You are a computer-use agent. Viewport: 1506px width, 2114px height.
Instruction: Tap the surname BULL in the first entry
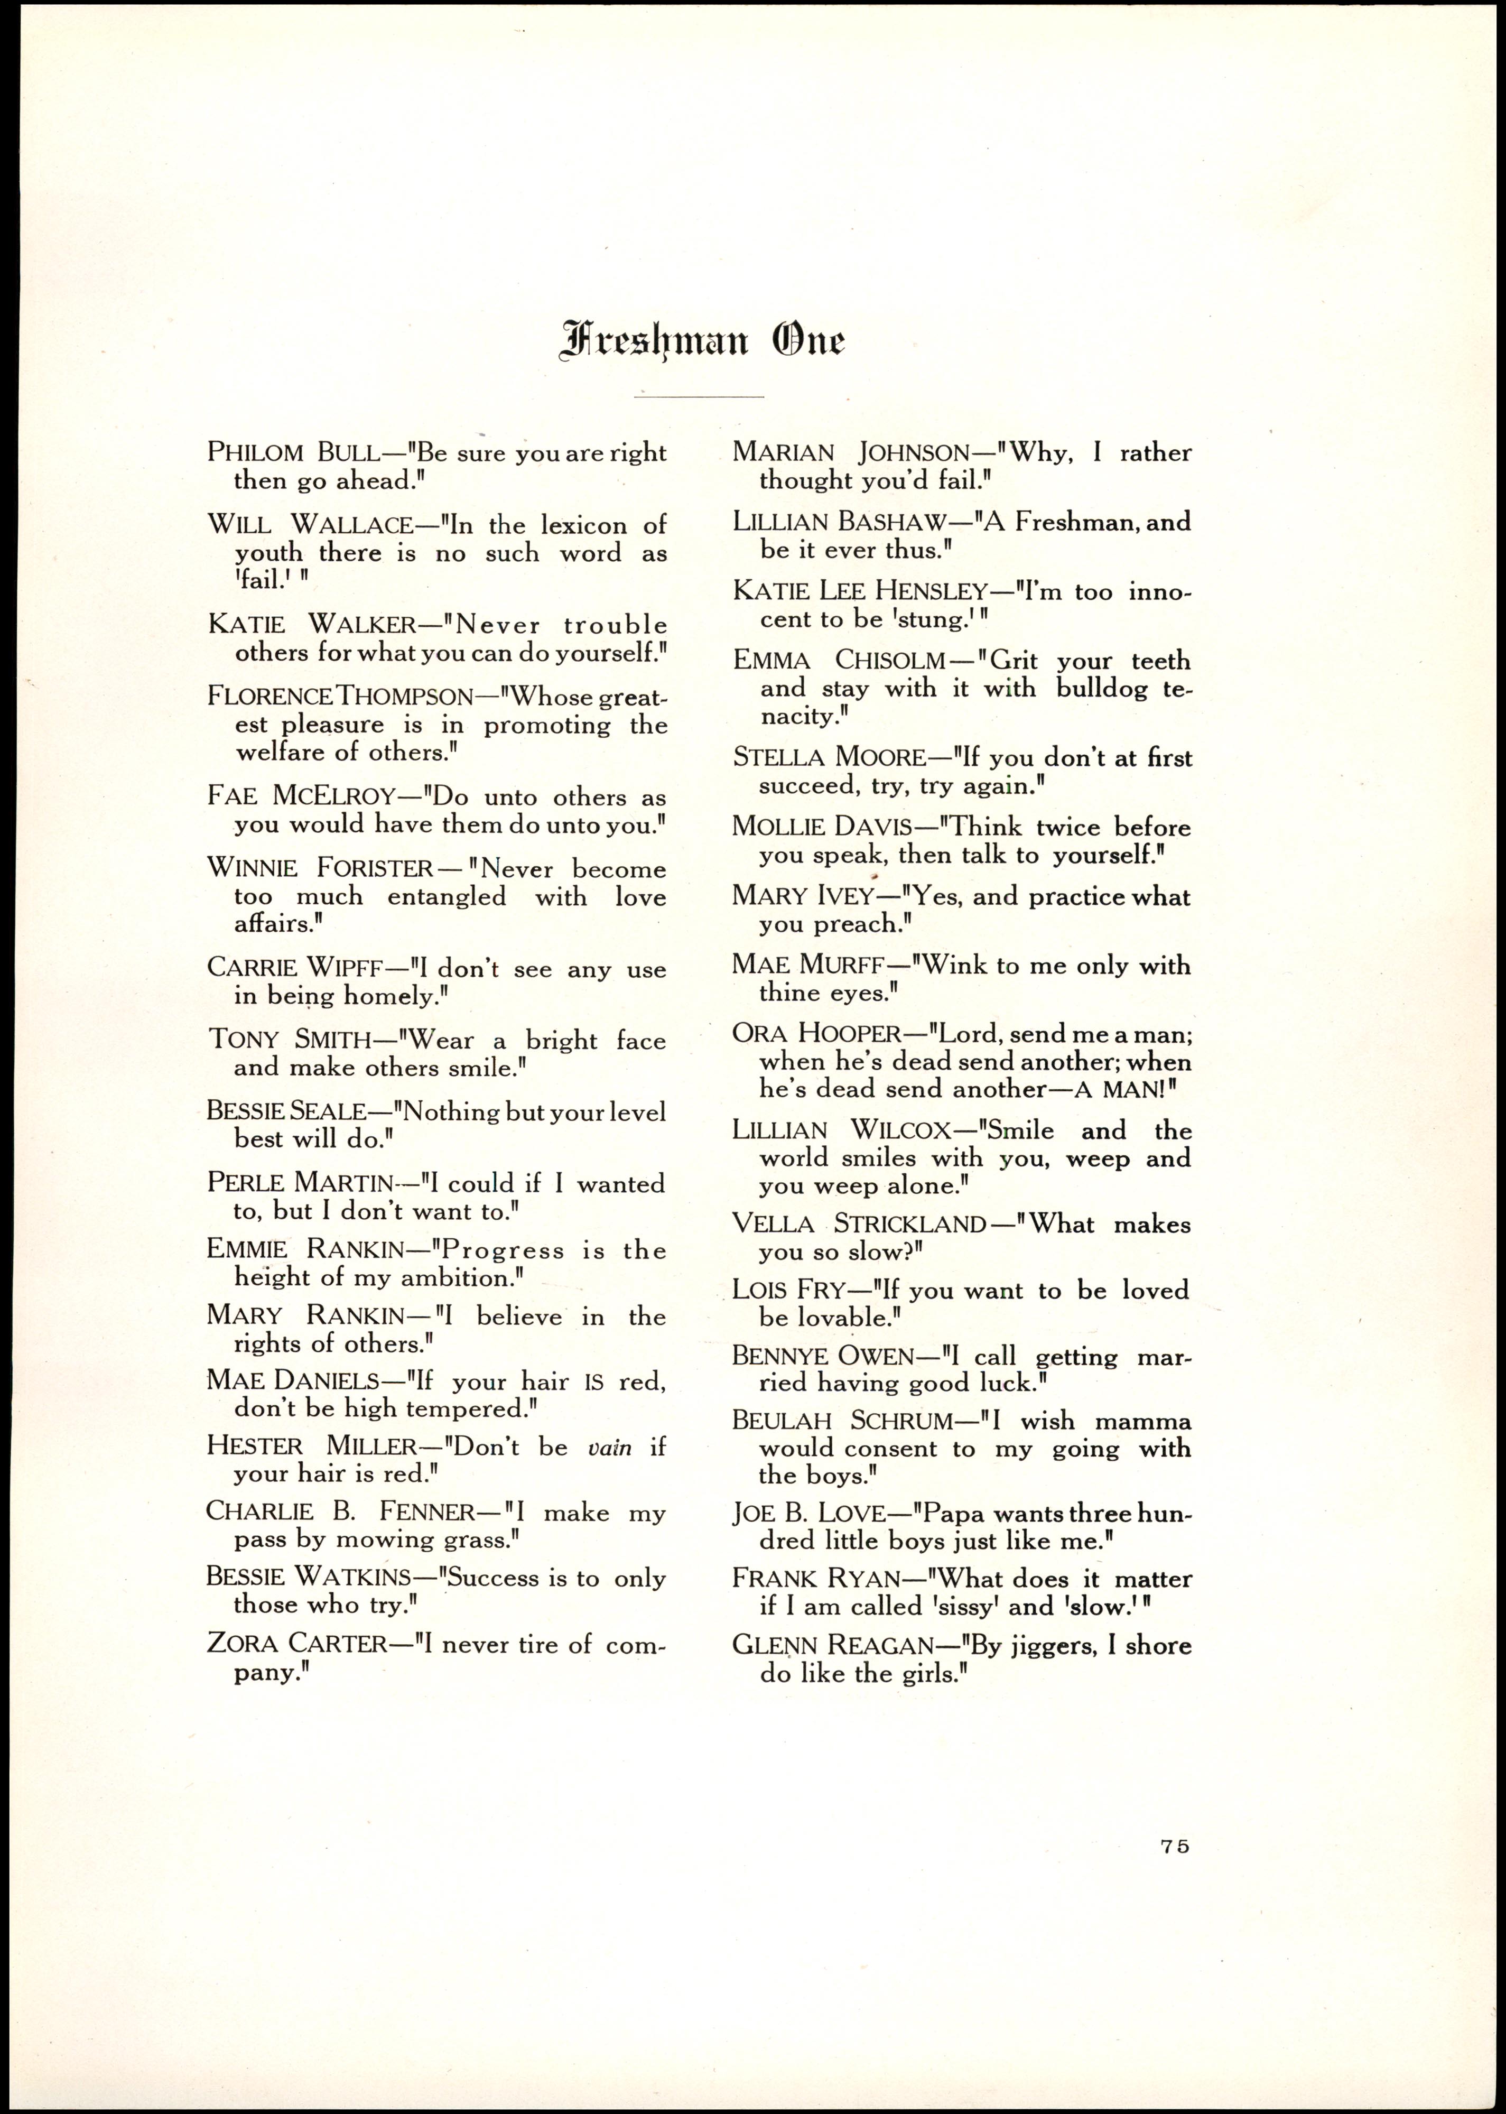[x=348, y=453]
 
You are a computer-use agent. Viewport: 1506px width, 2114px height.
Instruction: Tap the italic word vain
[x=609, y=1448]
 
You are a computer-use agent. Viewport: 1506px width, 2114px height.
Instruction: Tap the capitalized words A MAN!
[x=1118, y=1089]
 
